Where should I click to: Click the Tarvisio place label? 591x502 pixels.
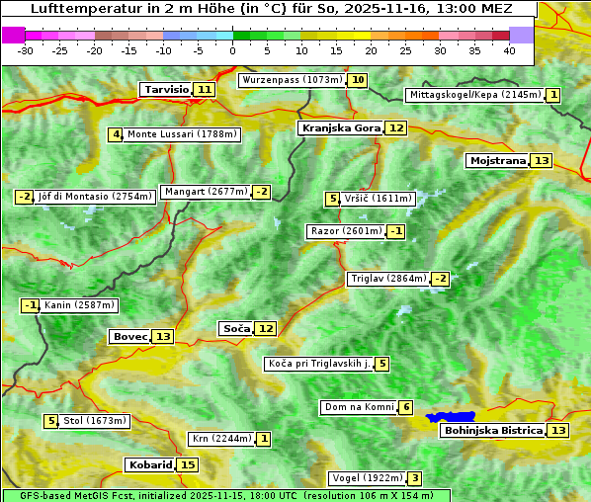coord(166,89)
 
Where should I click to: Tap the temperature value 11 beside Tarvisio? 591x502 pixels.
coord(205,89)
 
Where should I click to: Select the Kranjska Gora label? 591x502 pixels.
coord(340,127)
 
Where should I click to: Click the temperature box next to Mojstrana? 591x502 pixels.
coord(541,160)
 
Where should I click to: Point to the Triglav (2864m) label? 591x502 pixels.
coord(387,279)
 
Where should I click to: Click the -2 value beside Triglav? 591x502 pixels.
coord(440,279)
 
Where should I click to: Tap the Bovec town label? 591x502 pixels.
coord(129,336)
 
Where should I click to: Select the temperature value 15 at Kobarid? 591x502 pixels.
coord(188,464)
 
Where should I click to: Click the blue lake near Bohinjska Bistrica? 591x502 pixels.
coord(452,418)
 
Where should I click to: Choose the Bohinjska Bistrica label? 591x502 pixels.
coord(492,430)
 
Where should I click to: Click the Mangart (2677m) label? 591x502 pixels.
coord(206,192)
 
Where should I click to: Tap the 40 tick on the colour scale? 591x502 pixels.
coord(509,50)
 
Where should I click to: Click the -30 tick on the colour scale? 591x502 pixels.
coord(26,50)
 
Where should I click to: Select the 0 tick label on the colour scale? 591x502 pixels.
coord(232,50)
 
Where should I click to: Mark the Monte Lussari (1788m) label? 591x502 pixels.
coord(182,134)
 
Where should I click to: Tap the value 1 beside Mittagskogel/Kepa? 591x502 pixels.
coord(553,95)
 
